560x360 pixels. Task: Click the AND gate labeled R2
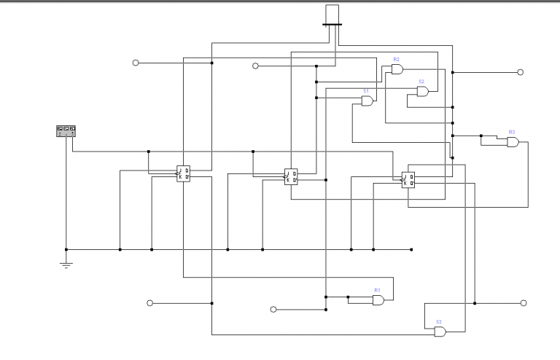coord(397,69)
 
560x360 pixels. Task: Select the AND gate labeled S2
coord(423,91)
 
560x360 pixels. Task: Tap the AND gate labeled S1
coord(367,101)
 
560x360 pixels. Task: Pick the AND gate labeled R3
coord(513,142)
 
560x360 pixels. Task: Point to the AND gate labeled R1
coord(378,300)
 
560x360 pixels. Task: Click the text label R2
coord(396,58)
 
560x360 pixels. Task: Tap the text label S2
coord(421,82)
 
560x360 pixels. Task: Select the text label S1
coord(366,91)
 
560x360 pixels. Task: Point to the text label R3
coord(512,132)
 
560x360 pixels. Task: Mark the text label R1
coord(377,290)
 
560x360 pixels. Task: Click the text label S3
coord(439,321)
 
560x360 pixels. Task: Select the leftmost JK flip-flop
coord(183,173)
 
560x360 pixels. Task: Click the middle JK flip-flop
coord(290,176)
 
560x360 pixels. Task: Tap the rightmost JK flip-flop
coord(408,179)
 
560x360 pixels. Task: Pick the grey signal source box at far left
coord(66,130)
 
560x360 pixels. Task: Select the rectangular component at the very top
coord(332,15)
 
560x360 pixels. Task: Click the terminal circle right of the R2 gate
coord(520,72)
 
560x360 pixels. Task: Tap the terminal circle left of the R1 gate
coord(273,310)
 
